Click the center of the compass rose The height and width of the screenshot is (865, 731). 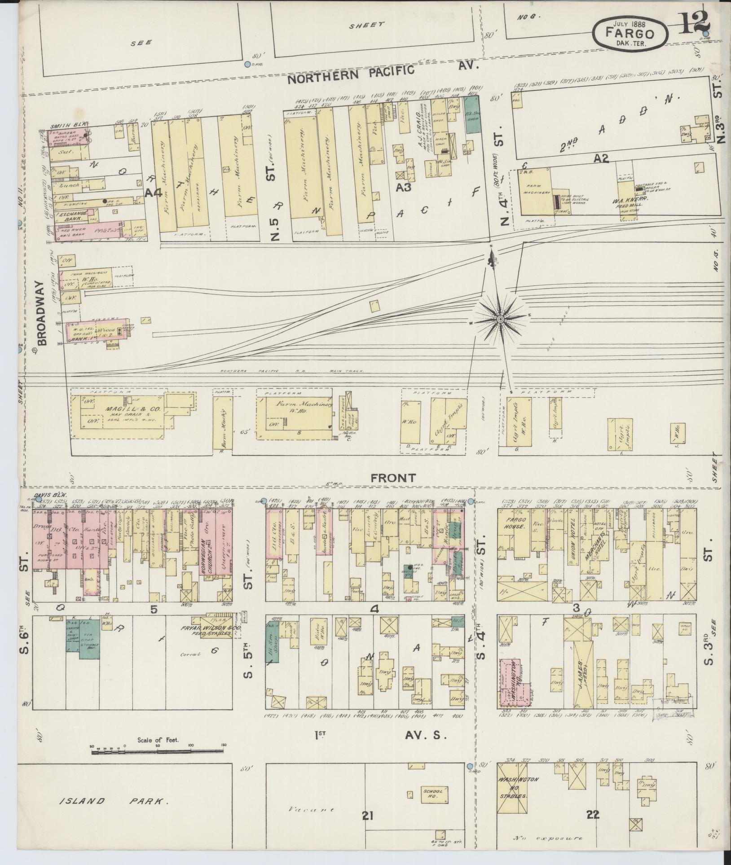[500, 319]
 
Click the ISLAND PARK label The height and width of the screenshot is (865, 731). [114, 801]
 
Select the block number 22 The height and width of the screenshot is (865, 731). [593, 814]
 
